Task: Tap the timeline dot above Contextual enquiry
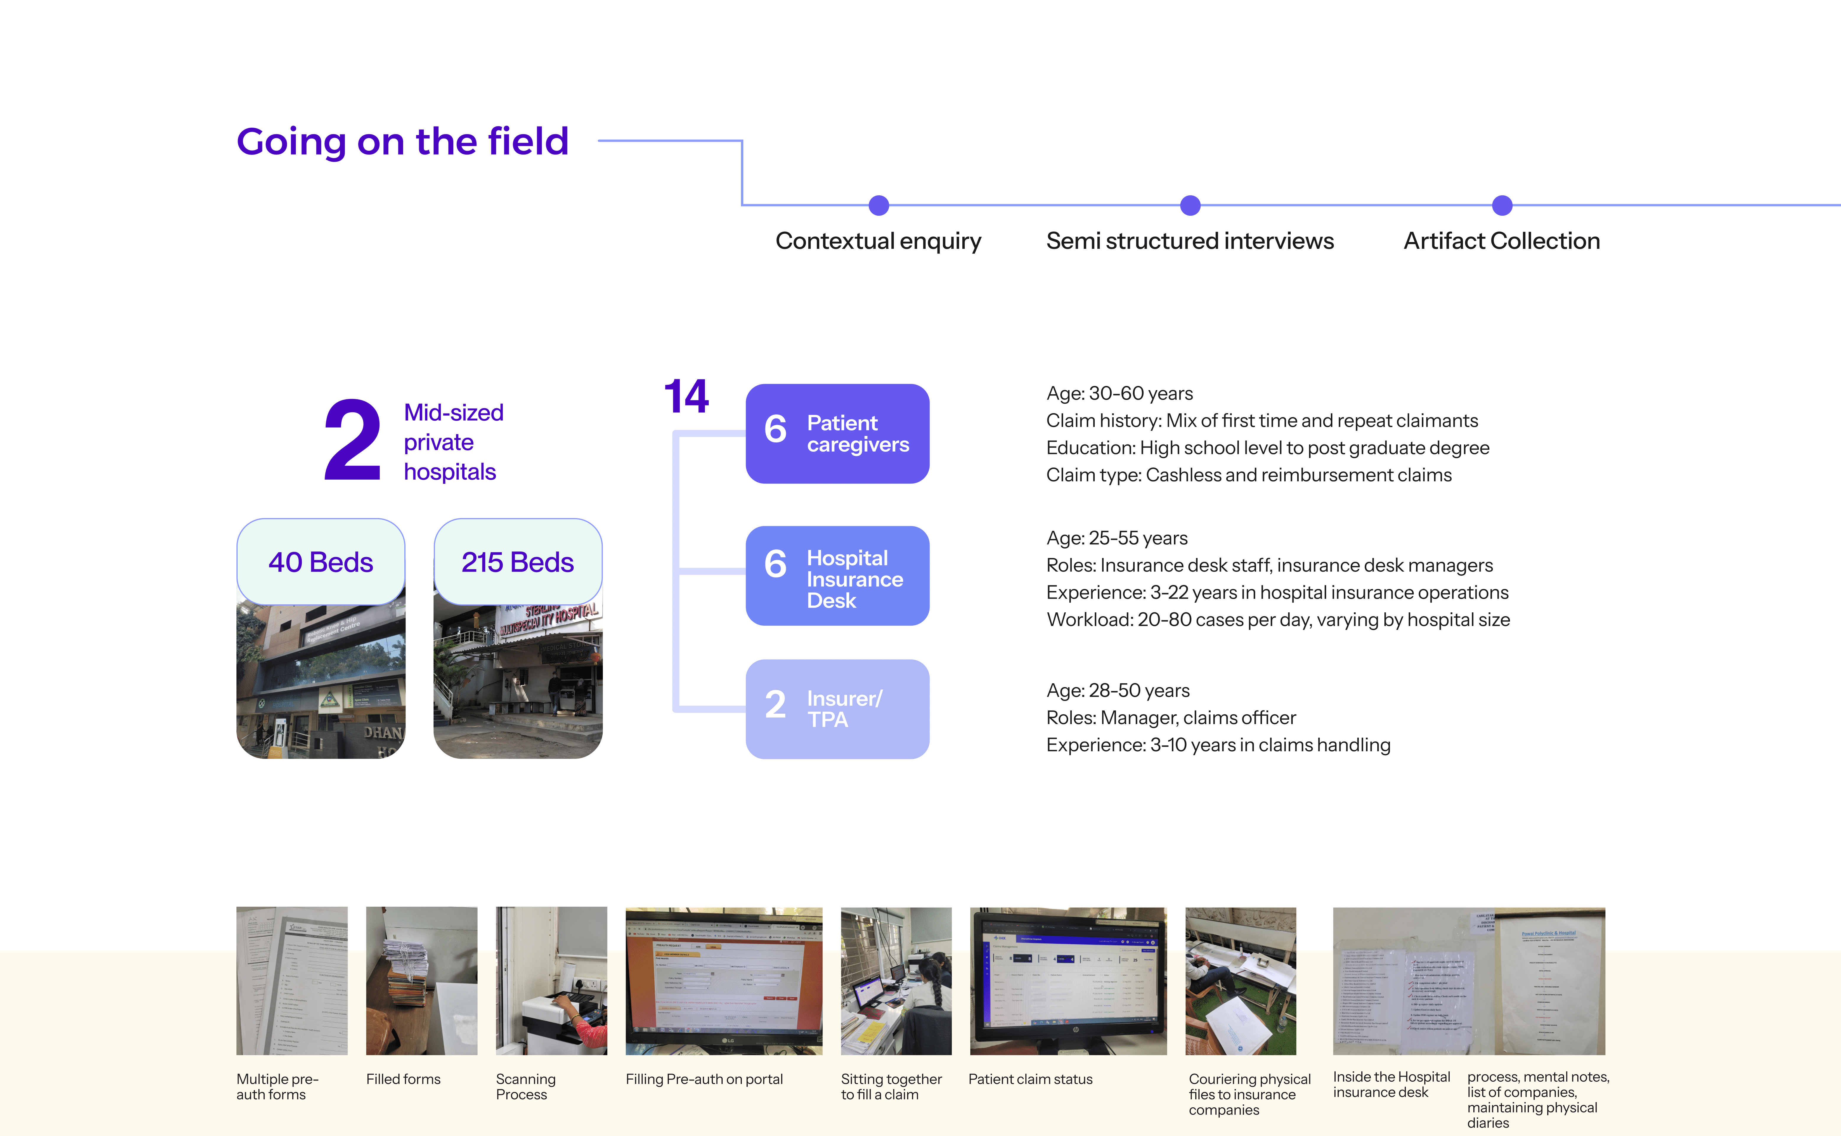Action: coord(878,205)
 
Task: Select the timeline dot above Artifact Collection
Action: coord(1501,205)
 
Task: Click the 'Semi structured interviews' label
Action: coord(1190,241)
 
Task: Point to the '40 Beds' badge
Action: coord(321,562)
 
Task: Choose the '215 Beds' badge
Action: coord(518,562)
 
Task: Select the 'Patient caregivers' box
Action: coord(837,434)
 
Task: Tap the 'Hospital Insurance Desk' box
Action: coord(837,575)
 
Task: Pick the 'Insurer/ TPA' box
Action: coord(837,708)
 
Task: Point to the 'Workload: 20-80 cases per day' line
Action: coord(1277,620)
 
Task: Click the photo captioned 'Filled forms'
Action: coord(421,981)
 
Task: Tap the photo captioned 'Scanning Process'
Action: coord(551,981)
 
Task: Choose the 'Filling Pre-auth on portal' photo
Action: coord(724,981)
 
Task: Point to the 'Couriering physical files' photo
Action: coord(1241,981)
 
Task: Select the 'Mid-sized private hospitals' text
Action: coord(453,442)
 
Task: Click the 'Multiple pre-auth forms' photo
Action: coord(291,981)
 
